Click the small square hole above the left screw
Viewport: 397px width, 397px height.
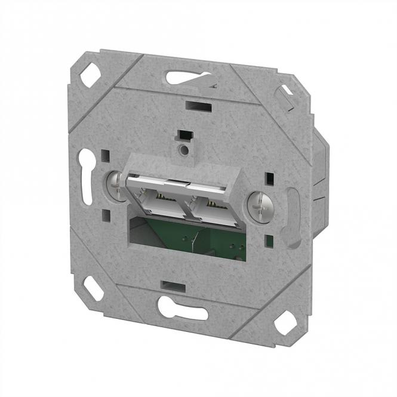(x=106, y=156)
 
